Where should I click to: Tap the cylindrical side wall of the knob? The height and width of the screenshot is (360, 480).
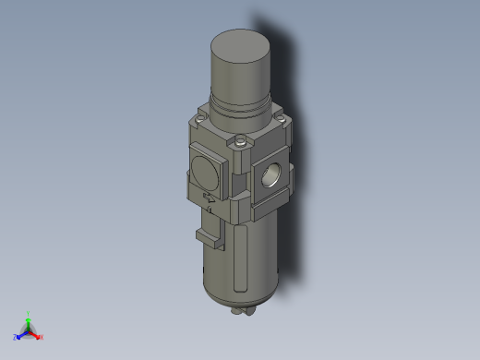click(x=242, y=74)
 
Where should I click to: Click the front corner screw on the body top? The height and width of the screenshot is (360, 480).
click(x=242, y=142)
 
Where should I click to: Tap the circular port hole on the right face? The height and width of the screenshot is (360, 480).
click(x=274, y=173)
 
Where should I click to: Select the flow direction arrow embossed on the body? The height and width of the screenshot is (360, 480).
click(x=210, y=197)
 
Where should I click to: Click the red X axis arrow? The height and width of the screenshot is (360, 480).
click(x=36, y=334)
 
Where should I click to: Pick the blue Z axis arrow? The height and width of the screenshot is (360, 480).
click(x=21, y=334)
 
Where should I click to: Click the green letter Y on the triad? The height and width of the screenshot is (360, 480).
click(x=29, y=313)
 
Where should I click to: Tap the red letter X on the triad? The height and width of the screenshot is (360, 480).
click(x=42, y=338)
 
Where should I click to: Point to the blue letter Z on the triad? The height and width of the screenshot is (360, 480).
click(x=16, y=338)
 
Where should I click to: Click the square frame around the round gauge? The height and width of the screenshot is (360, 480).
click(x=193, y=157)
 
